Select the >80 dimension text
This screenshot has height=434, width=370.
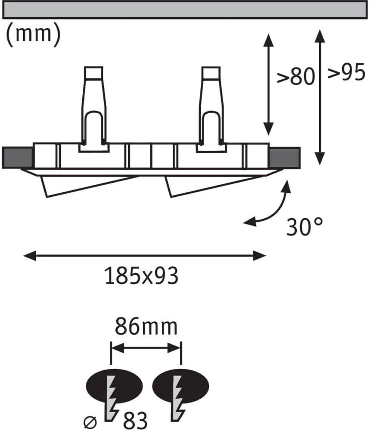[296, 76]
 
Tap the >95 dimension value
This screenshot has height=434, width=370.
[346, 72]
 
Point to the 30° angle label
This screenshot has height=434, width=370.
[305, 226]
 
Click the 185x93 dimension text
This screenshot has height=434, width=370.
[142, 276]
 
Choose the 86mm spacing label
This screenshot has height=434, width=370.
[146, 327]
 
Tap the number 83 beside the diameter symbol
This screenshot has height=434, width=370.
[135, 421]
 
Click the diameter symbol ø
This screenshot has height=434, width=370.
[90, 423]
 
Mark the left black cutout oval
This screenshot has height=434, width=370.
[115, 386]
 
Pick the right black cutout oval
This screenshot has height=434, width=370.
[180, 386]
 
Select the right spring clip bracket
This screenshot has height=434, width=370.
[211, 109]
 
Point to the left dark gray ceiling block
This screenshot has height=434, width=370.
[17, 158]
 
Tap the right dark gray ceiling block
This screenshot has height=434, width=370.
[285, 158]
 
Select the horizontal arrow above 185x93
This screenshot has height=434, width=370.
[145, 256]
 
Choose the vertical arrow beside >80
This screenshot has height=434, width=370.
[268, 84]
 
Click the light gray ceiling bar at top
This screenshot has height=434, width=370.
[185, 10]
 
